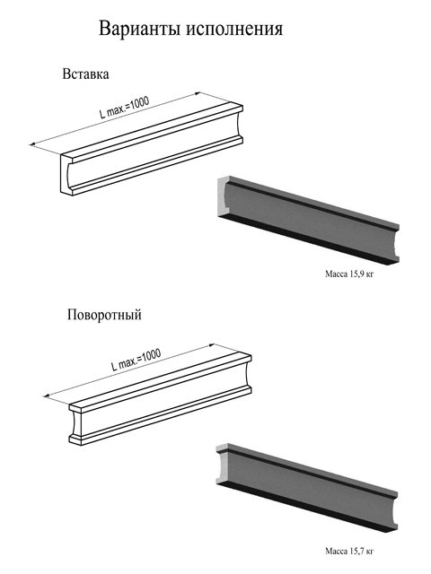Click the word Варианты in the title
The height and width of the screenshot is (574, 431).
tap(140, 28)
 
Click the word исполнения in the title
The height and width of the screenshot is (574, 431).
tap(234, 30)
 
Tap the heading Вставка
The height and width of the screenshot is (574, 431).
tap(85, 74)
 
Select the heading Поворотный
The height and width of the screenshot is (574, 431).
tap(104, 315)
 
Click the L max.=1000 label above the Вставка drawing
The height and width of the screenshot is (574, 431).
tap(125, 108)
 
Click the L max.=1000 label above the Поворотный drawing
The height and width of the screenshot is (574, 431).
tap(136, 361)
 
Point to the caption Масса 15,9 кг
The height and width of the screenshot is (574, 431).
tap(349, 274)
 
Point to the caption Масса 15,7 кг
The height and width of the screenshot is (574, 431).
tap(349, 551)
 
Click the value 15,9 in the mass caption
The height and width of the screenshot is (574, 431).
tap(354, 274)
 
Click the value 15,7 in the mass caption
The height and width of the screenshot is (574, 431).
tap(354, 551)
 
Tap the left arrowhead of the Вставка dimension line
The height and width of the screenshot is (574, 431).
tap(33, 144)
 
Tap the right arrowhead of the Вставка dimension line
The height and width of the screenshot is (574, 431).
tap(198, 93)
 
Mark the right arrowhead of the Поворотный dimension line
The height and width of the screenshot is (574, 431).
tap(210, 345)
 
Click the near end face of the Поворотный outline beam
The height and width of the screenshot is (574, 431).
tap(75, 424)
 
